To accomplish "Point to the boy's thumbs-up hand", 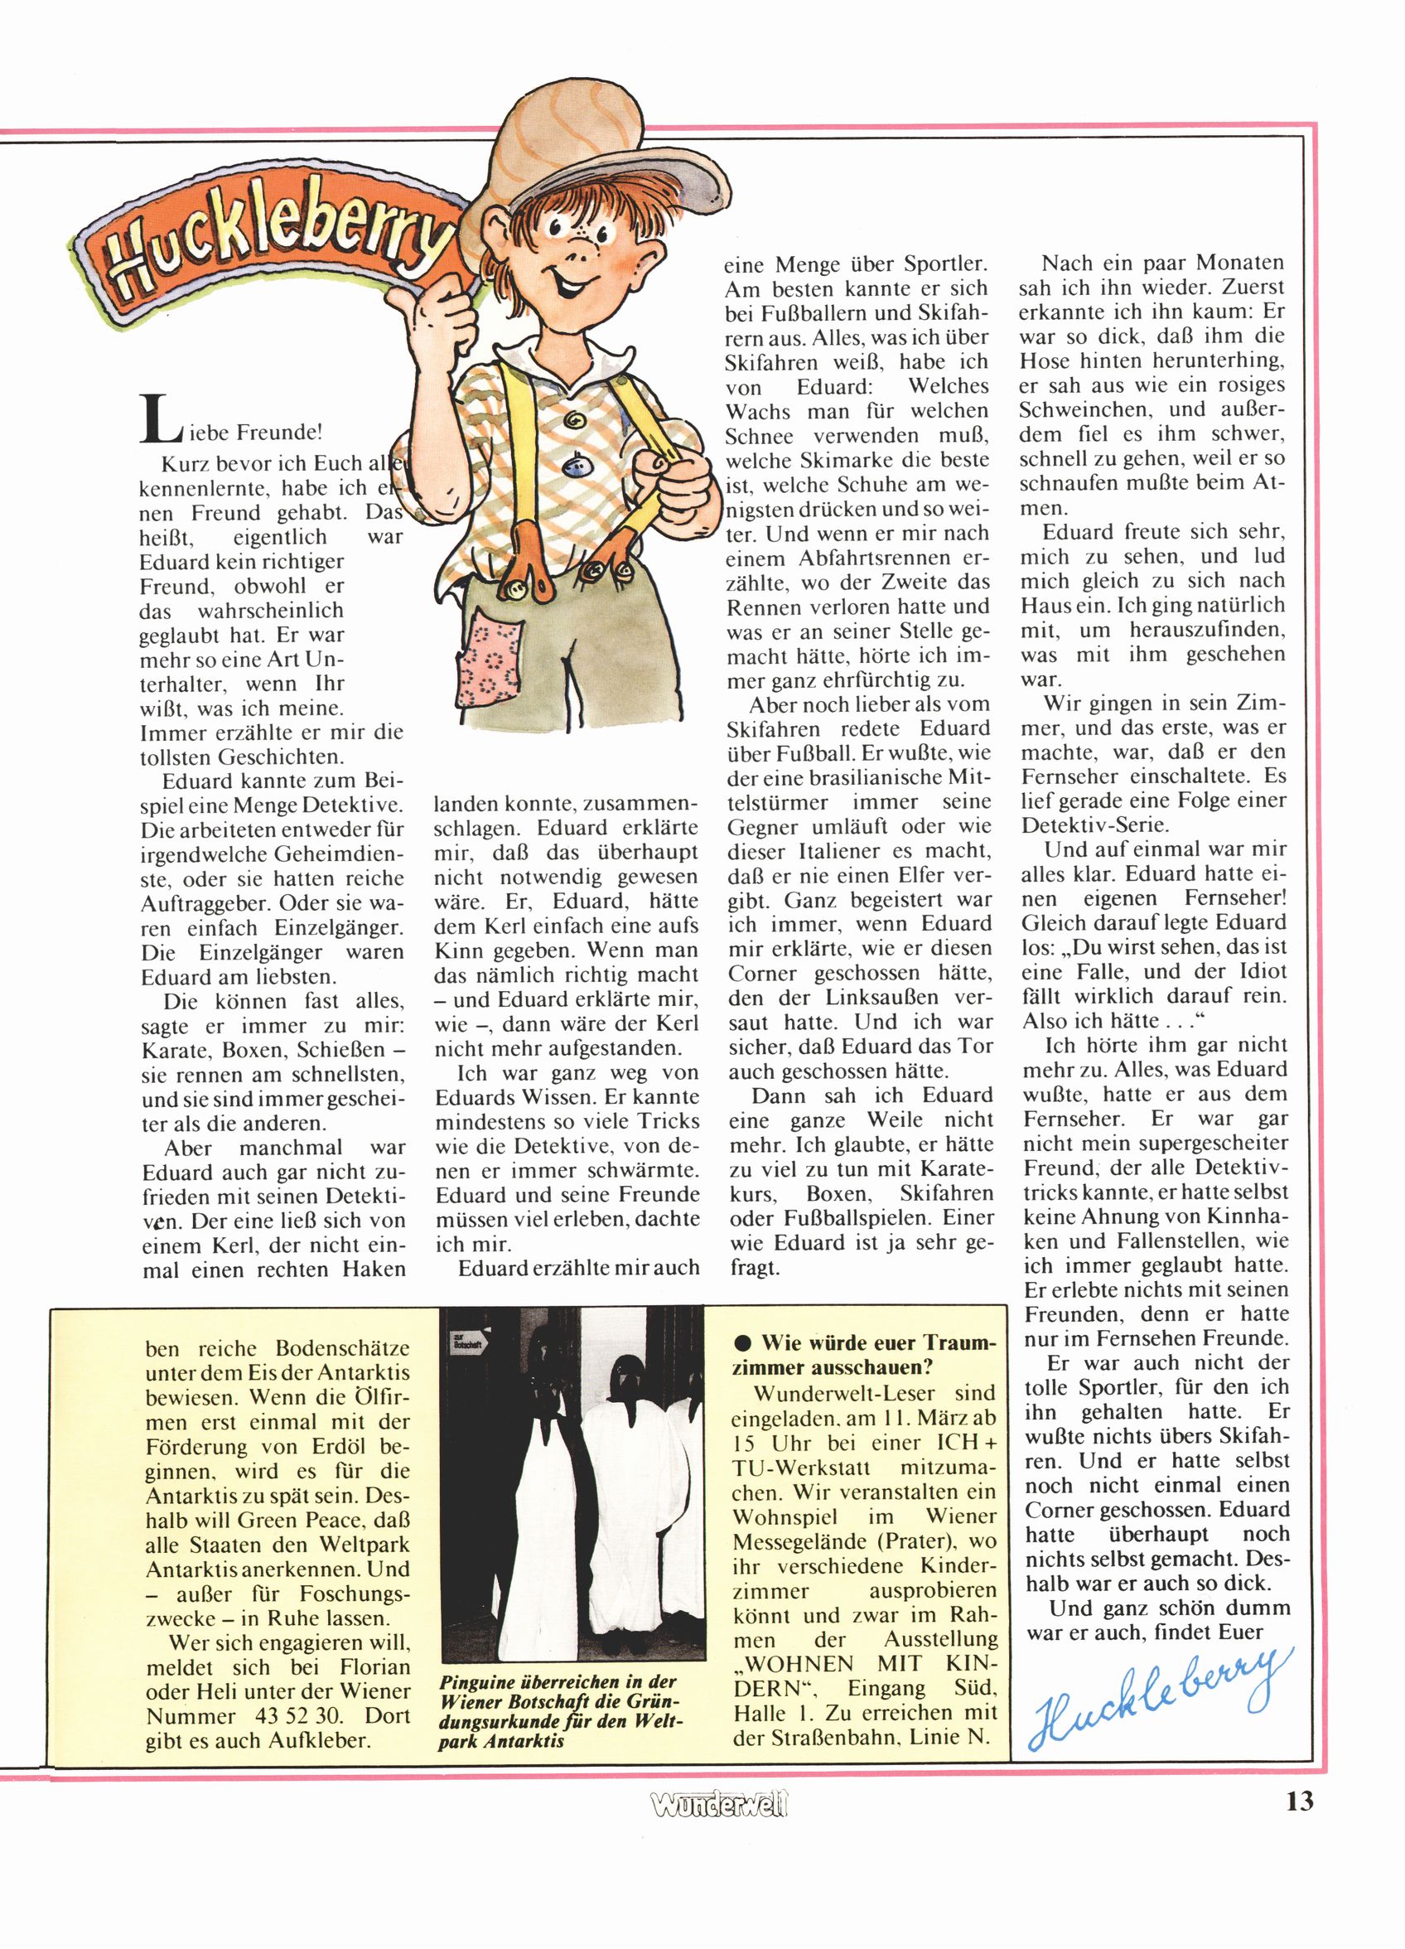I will (440, 314).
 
